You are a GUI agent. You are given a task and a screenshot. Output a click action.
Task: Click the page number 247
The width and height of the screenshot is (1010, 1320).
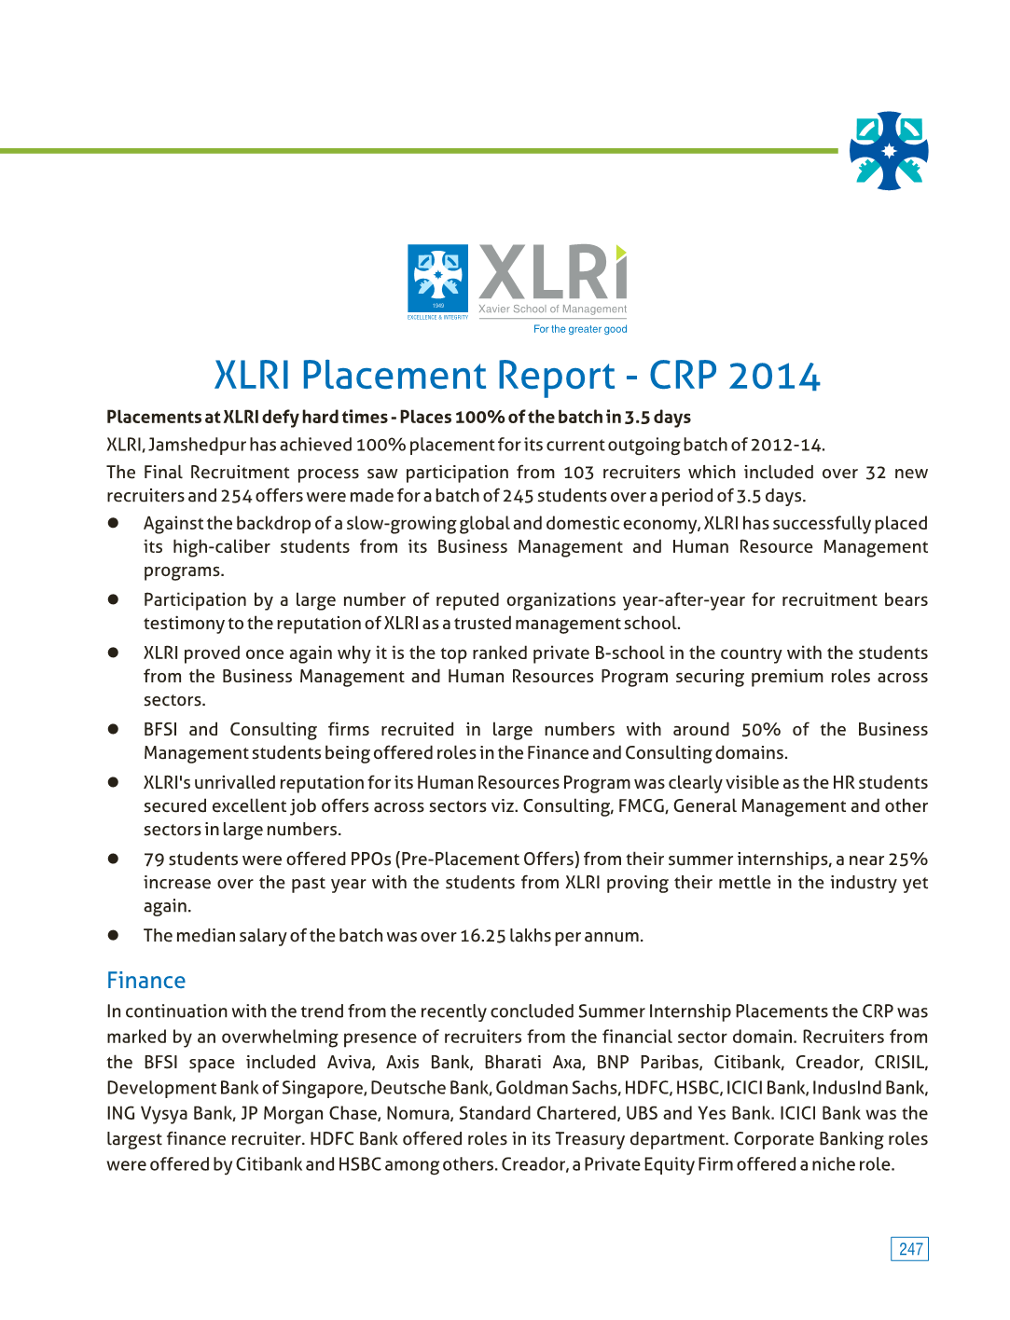pyautogui.click(x=910, y=1249)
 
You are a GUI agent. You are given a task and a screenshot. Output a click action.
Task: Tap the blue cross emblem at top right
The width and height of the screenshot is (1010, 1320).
pyautogui.click(x=889, y=151)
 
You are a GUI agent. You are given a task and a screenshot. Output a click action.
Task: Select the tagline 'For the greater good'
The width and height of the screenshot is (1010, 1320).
pyautogui.click(x=580, y=329)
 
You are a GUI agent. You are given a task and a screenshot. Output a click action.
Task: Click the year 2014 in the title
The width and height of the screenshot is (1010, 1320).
pyautogui.click(x=774, y=376)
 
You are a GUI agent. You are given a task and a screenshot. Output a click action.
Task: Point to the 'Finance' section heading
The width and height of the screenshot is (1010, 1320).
pyautogui.click(x=146, y=981)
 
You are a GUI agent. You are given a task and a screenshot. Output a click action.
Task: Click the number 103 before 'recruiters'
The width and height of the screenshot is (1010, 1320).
pyautogui.click(x=578, y=473)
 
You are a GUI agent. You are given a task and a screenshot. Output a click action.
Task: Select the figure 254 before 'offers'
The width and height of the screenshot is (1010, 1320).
pyautogui.click(x=236, y=496)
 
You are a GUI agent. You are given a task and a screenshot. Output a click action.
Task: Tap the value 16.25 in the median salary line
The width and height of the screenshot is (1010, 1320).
pyautogui.click(x=482, y=936)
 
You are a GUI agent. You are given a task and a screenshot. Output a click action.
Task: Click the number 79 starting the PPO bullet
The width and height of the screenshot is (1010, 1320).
pyautogui.click(x=154, y=859)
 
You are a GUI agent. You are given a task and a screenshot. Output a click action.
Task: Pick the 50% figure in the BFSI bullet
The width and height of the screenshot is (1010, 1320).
pyautogui.click(x=760, y=730)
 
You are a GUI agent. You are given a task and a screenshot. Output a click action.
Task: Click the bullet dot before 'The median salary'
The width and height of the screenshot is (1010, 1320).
pyautogui.click(x=113, y=935)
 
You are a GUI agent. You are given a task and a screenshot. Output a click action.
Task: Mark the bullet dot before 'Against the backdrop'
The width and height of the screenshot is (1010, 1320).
pyautogui.click(x=113, y=523)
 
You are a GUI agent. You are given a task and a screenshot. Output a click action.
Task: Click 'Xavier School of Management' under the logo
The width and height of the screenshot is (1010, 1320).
pyautogui.click(x=552, y=309)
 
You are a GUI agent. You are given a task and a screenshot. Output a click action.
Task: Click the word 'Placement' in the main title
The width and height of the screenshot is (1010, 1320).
pyautogui.click(x=458, y=376)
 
